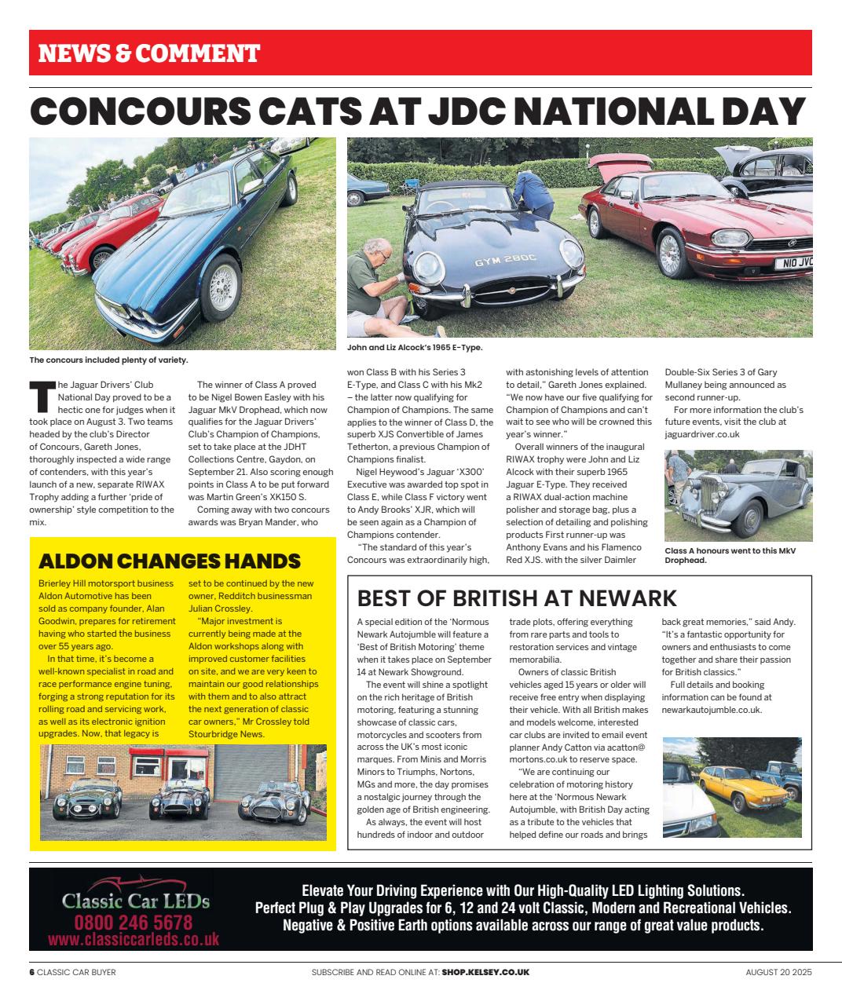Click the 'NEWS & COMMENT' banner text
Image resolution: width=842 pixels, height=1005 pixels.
point(149,53)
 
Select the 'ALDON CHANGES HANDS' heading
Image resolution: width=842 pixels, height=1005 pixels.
point(170,561)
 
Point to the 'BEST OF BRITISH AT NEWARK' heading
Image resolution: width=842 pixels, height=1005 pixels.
point(517,598)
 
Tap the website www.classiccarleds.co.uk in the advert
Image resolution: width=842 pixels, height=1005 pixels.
point(134,939)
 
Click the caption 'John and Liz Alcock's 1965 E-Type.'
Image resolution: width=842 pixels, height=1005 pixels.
point(415,347)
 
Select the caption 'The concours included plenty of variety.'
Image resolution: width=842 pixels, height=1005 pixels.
point(108,360)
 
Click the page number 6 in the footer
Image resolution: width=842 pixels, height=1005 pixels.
point(32,972)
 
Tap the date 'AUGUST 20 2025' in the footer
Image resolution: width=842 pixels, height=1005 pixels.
point(778,972)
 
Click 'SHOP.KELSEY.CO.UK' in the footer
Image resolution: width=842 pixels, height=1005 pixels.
point(485,972)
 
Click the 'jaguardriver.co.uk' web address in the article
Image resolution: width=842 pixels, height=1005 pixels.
point(702,434)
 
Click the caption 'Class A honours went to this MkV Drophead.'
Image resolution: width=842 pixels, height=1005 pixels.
point(730,555)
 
